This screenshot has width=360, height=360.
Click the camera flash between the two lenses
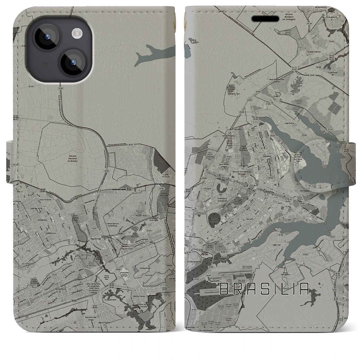[x=76, y=34]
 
